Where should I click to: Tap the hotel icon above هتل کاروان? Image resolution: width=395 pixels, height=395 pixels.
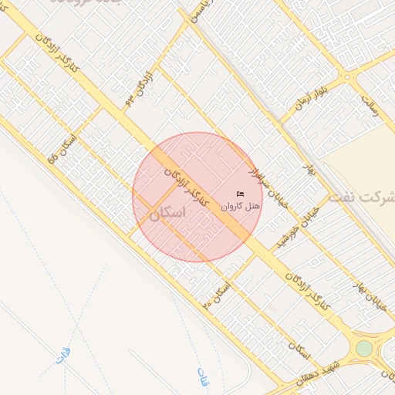[x=240, y=193]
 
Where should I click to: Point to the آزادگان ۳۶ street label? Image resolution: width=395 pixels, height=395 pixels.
[x=140, y=89]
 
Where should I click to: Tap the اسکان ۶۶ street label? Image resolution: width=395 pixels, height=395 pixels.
[x=62, y=147]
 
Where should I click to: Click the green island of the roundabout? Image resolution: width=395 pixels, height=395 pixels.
[x=364, y=348]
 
